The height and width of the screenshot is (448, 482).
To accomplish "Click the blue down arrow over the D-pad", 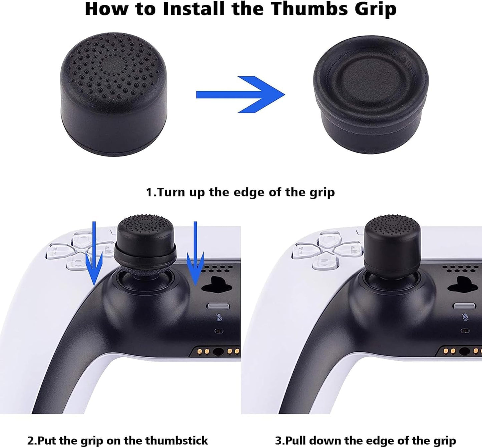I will click(94, 254).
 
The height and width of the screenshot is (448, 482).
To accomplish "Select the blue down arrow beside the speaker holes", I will click(195, 254).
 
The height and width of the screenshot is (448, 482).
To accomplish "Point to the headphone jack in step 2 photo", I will click(218, 351).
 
